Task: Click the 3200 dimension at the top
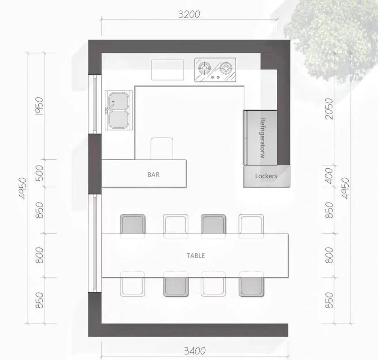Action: point(189,14)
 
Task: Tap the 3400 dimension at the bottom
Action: point(195,351)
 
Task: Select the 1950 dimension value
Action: point(39,106)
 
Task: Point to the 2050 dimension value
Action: point(329,109)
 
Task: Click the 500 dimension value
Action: point(39,173)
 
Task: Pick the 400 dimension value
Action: point(329,176)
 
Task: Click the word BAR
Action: point(153,175)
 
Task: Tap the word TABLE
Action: point(196,256)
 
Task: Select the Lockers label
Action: point(266,176)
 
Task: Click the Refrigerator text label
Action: point(263,138)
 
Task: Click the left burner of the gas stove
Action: point(205,67)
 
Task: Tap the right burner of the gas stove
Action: point(226,67)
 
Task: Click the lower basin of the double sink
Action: point(118,120)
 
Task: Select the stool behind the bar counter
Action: point(162,148)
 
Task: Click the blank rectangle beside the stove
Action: point(168,70)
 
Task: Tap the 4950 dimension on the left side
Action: point(22,188)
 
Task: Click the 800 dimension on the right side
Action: point(329,255)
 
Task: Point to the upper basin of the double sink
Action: point(118,101)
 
